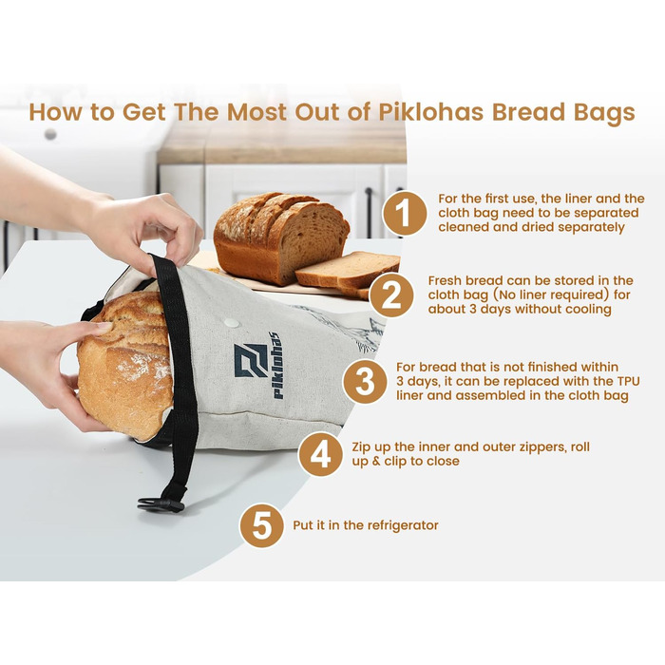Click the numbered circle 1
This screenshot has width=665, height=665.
405,213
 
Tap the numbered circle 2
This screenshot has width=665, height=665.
391,294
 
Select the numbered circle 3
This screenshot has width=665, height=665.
365,381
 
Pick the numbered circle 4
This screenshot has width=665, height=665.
320,454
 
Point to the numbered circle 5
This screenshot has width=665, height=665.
261,525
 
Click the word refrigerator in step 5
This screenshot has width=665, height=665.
402,525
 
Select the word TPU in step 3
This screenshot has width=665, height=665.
628,381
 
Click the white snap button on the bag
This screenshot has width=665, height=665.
232,322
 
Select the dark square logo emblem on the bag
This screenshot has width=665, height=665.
251,360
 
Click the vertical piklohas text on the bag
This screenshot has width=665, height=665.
276,365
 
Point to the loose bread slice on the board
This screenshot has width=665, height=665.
348,269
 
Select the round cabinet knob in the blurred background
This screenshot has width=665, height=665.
50,135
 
